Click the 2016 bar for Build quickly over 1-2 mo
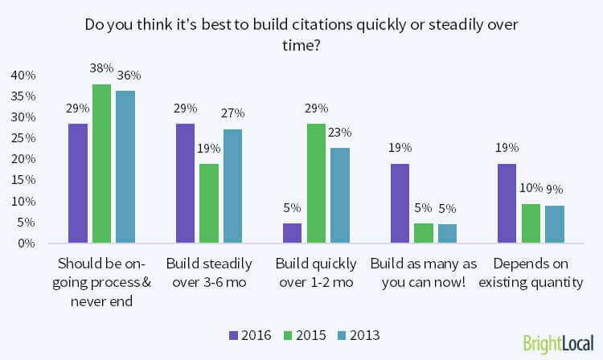point(292,232)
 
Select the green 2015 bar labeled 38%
point(101,163)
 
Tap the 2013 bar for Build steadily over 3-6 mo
point(232,186)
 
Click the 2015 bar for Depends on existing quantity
point(531,223)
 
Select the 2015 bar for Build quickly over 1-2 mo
point(316,182)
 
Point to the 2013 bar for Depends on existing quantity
point(554,223)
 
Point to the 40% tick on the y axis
point(23,76)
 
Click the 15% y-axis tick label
point(23,180)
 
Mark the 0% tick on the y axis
point(26,243)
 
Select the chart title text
point(301,33)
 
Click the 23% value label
point(339,133)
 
